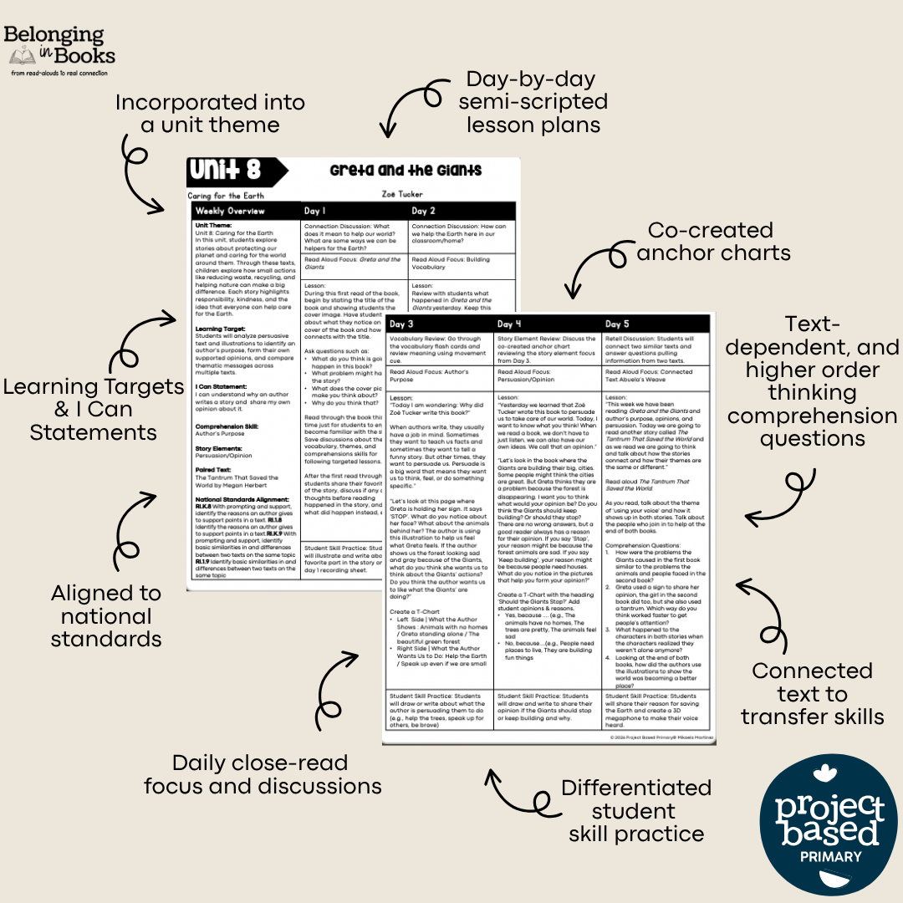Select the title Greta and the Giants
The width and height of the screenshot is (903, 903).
click(x=406, y=171)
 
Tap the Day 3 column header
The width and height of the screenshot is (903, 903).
click(x=438, y=324)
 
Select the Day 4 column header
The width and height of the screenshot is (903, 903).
click(x=547, y=324)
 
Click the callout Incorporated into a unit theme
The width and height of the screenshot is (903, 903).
click(x=210, y=114)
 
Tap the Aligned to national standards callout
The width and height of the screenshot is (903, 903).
click(x=106, y=616)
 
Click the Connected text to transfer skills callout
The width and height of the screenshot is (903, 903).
click(x=812, y=693)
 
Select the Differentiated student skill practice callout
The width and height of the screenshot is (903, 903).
click(x=635, y=810)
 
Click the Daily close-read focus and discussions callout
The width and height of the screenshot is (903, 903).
click(x=263, y=774)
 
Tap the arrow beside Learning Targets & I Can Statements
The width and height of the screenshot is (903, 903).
click(x=143, y=342)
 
